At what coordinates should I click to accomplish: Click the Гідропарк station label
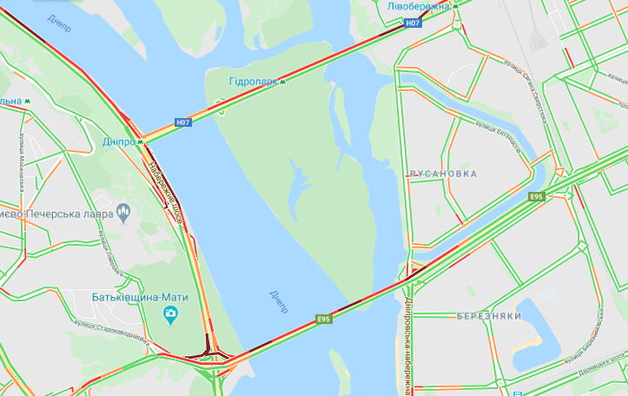pyautogui.click(x=253, y=82)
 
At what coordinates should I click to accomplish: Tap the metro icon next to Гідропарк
pyautogui.click(x=283, y=82)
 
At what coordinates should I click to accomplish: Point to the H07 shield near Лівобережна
pyautogui.click(x=413, y=23)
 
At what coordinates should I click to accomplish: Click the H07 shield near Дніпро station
pyautogui.click(x=182, y=122)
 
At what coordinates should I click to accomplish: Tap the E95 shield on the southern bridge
pyautogui.click(x=323, y=320)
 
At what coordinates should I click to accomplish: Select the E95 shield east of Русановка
pyautogui.click(x=537, y=198)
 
